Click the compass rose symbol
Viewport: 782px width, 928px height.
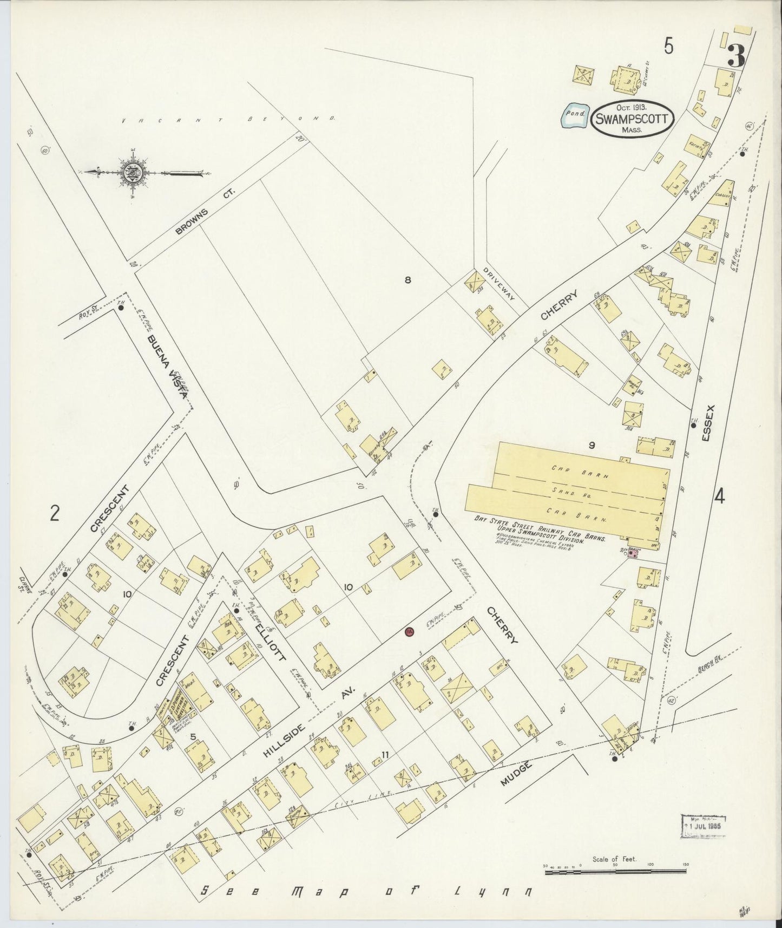pyautogui.click(x=132, y=173)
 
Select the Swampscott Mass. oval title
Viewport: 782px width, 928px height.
pyautogui.click(x=632, y=118)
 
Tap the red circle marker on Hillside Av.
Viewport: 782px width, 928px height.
pyautogui.click(x=410, y=631)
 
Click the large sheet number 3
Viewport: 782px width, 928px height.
pyautogui.click(x=736, y=56)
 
